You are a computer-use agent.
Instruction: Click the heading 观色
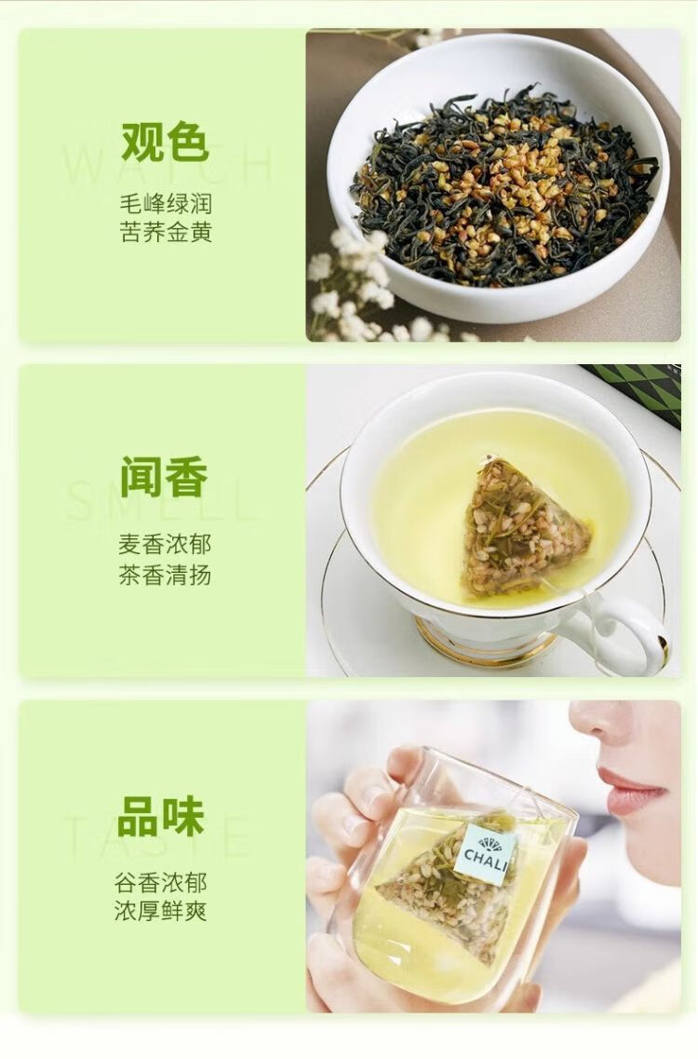pos(165,142)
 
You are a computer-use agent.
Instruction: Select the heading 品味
pos(161,816)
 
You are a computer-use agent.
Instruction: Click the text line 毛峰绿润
pos(166,203)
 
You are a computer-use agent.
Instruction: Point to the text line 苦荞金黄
pos(166,232)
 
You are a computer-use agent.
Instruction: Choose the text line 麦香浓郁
pos(165,544)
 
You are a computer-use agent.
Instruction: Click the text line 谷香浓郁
pos(161,882)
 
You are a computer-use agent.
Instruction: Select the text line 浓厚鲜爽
pos(161,911)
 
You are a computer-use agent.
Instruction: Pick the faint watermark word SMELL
pos(162,500)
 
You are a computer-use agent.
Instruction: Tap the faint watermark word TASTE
pos(158,836)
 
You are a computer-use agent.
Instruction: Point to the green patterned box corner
pos(638,393)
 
